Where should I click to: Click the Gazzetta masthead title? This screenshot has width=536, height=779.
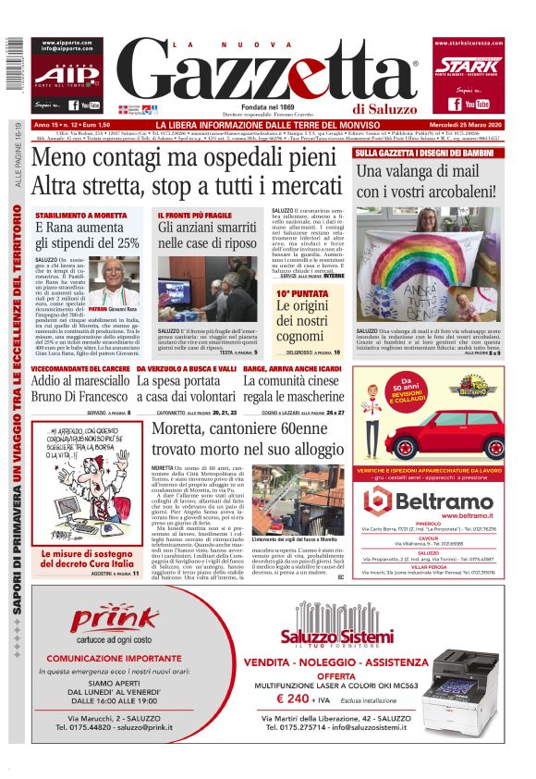[x=268, y=72]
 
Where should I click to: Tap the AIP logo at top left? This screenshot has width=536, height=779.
[x=63, y=74]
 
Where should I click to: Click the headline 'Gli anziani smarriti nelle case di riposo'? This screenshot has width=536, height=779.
[x=207, y=235]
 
